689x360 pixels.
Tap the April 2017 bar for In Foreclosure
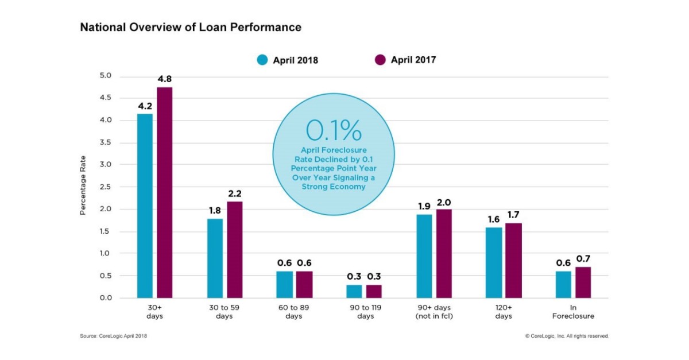pyautogui.click(x=582, y=282)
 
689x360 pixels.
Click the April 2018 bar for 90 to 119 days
pyautogui.click(x=354, y=291)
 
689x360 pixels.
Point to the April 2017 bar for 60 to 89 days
pyautogui.click(x=304, y=284)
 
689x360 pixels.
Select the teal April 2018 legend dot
pyautogui.click(x=263, y=60)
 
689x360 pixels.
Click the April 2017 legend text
pyautogui.click(x=413, y=60)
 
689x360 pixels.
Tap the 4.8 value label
pyautogui.click(x=164, y=79)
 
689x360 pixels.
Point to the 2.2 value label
pyautogui.click(x=234, y=193)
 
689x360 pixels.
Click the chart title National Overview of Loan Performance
pyautogui.click(x=190, y=27)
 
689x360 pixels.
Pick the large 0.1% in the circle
pyautogui.click(x=334, y=131)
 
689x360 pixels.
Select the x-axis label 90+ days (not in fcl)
pyautogui.click(x=435, y=312)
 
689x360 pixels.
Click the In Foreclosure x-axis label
pyautogui.click(x=573, y=312)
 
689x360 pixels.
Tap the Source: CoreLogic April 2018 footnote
pyautogui.click(x=117, y=336)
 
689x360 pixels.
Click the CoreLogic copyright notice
pyautogui.click(x=566, y=336)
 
